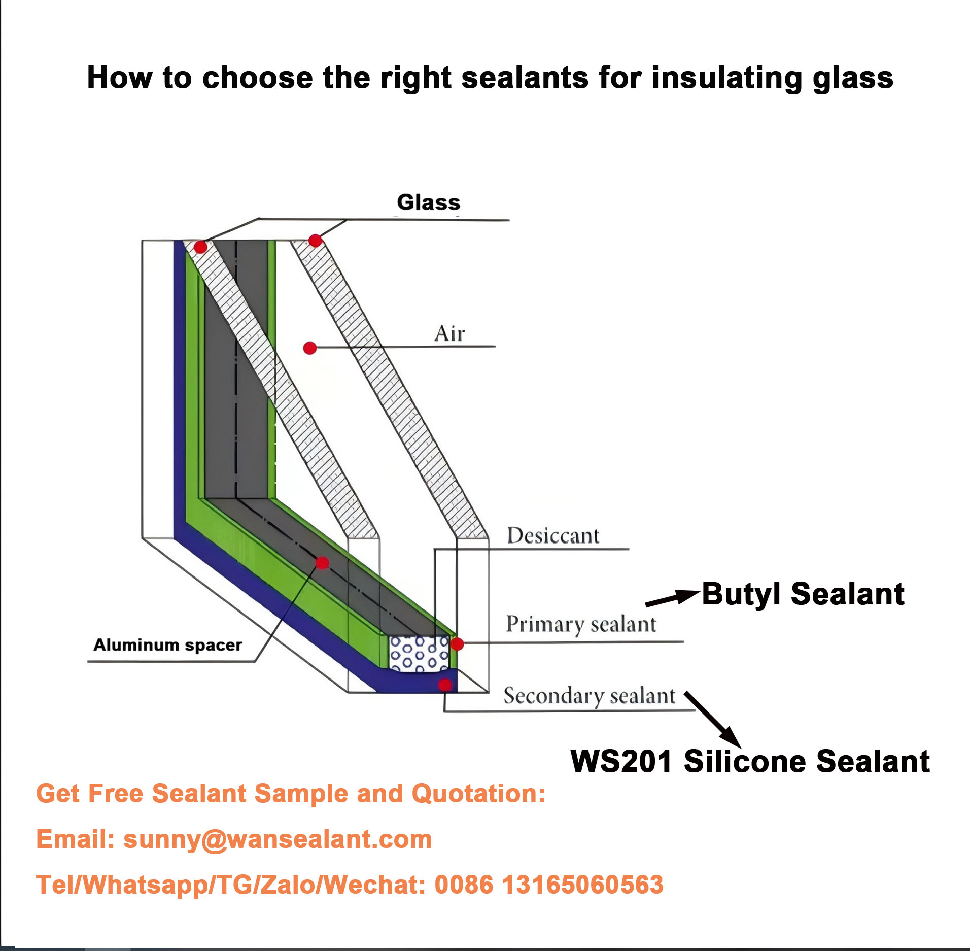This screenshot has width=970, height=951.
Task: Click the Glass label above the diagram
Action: [x=428, y=202]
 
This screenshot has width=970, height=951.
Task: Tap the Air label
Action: [x=449, y=334]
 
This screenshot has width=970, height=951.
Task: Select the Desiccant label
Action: [x=553, y=536]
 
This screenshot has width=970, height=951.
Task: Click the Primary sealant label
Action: [x=581, y=624]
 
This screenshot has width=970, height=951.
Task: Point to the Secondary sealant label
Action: [x=589, y=696]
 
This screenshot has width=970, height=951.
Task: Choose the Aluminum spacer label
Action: [x=167, y=645]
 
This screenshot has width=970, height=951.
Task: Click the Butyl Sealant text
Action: [x=803, y=594]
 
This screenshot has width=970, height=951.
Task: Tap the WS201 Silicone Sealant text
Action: [x=750, y=762]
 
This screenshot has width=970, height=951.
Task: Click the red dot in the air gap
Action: [x=310, y=348]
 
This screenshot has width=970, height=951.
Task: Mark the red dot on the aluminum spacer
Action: [x=322, y=563]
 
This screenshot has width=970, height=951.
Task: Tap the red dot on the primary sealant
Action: [x=457, y=644]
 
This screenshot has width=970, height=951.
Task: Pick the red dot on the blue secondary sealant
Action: [x=445, y=685]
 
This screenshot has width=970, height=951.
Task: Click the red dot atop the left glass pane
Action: [x=200, y=247]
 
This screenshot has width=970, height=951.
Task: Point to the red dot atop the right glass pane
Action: [x=315, y=241]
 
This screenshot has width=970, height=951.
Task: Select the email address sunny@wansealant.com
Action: [x=278, y=839]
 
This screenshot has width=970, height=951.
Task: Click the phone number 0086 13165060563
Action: [x=549, y=885]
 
